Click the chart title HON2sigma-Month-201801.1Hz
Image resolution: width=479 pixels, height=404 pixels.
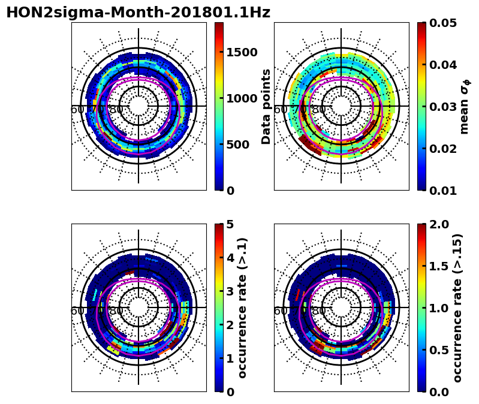click(138, 13)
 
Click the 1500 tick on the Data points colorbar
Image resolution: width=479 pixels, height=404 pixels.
click(242, 52)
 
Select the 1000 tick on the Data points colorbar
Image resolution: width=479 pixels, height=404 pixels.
click(242, 98)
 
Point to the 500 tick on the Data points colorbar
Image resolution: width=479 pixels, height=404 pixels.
click(238, 144)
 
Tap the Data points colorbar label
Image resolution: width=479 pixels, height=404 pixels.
click(266, 106)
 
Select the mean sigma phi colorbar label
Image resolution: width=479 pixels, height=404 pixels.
click(465, 106)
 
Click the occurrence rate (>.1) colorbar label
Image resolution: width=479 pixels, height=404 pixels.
click(243, 307)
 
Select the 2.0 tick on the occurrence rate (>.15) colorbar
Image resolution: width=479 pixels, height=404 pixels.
click(439, 224)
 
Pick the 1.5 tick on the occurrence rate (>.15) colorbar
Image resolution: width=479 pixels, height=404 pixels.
click(439, 266)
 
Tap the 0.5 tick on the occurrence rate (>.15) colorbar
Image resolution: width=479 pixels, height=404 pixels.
click(439, 350)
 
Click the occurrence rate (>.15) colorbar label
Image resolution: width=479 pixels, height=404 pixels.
click(457, 307)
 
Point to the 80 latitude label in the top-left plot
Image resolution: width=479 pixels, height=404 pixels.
click(116, 110)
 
